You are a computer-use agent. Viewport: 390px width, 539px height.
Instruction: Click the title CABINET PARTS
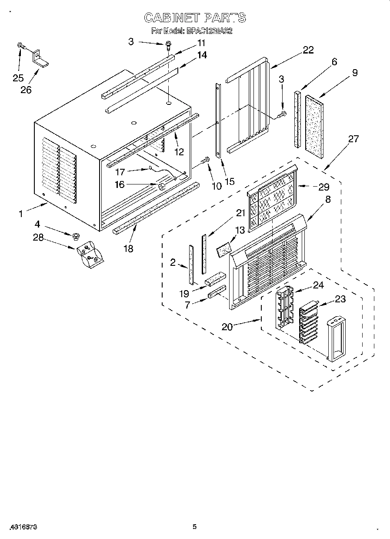pos(195,17)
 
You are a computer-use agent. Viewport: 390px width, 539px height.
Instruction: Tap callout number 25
pos(18,78)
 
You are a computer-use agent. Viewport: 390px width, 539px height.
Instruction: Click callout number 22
pos(308,50)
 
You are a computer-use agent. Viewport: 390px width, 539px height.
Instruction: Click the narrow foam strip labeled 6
pos(298,119)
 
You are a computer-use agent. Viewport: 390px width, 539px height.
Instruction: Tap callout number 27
pos(353,139)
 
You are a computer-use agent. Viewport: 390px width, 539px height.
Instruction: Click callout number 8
pos(327,200)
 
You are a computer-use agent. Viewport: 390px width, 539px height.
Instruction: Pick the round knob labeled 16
pos(162,187)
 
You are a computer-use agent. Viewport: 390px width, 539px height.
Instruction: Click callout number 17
pos(120,172)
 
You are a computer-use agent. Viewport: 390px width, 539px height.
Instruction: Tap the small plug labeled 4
pos(76,237)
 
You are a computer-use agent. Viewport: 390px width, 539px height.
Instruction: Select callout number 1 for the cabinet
pos(20,214)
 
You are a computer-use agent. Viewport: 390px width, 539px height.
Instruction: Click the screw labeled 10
pos(205,161)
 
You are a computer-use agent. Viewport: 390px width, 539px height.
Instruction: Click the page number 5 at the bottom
pos(195,527)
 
